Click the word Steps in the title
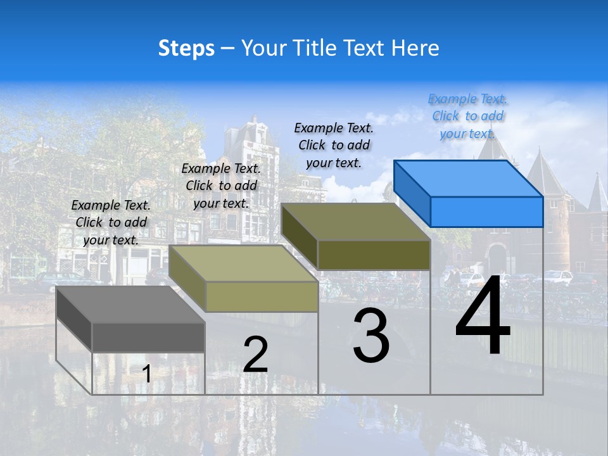(186, 48)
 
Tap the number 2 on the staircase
(255, 355)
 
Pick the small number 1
(146, 374)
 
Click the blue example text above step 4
(468, 117)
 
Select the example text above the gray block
(111, 223)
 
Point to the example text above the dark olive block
(334, 145)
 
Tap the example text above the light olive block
(222, 186)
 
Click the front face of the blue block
(486, 212)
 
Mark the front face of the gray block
(148, 337)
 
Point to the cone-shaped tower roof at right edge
(598, 193)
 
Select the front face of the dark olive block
(374, 255)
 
